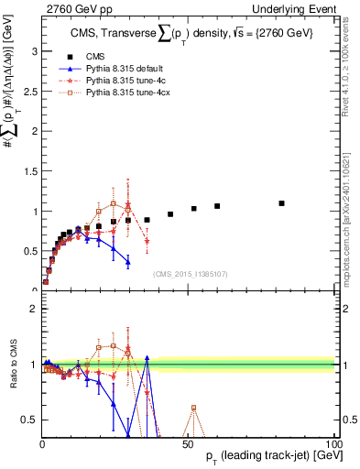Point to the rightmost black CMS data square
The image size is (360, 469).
coord(281,203)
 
